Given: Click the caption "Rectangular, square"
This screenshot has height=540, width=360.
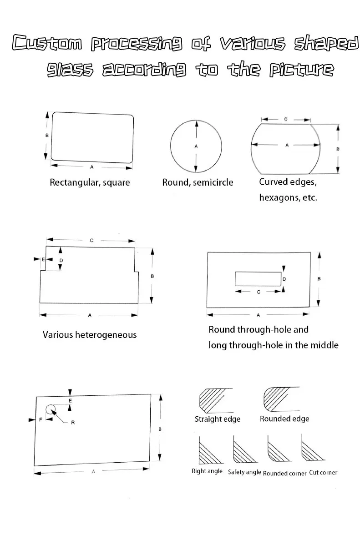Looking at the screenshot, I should coord(90,182).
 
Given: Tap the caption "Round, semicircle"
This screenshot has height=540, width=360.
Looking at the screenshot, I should coord(198,182).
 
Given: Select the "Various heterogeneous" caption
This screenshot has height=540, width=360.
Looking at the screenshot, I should coord(90,335).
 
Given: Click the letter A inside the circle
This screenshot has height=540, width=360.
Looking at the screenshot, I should coord(196,146).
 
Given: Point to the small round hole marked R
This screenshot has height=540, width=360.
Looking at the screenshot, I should coord(50,409).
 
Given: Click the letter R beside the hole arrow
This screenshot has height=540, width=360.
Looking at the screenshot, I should coord(72,423).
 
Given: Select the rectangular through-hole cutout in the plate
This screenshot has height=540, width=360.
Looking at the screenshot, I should coord(258,279).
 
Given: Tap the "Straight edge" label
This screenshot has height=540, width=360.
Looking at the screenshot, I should coord(218,419).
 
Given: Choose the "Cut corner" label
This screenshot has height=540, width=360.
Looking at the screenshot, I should coord(323,473).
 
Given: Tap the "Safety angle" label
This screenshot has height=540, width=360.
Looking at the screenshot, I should coord(244,472).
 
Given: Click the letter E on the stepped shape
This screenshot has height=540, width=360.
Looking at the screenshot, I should coord(43,259).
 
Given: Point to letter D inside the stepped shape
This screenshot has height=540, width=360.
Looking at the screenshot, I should coord(61,260).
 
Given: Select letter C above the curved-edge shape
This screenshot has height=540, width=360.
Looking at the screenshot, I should coord(285,119).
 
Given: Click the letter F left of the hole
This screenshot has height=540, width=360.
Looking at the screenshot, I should coord(40,419).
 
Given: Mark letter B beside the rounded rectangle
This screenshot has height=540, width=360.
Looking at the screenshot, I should coord(47,136).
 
